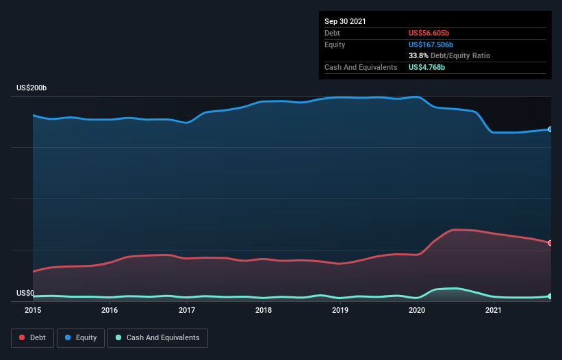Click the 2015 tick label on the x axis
coord(33,310)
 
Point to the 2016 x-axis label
coord(110,310)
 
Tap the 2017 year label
coord(187,310)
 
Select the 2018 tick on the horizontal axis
coord(264,310)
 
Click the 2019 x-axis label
coord(340,310)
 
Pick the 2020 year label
coord(417,310)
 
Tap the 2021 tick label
coord(494,310)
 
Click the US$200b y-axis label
coord(31,88)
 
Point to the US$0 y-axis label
coord(25,294)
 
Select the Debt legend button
coord(33,338)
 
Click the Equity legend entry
coord(81,338)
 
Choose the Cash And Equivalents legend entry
coord(157,338)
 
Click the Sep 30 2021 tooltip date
coord(345,21)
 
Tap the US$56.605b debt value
coord(429,33)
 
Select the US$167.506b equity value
coord(431,44)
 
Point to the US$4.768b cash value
coord(426,67)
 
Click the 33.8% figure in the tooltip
coord(418,56)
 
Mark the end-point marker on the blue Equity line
coord(550,129)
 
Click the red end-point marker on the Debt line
coord(550,243)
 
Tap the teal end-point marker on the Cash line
coord(550,296)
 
